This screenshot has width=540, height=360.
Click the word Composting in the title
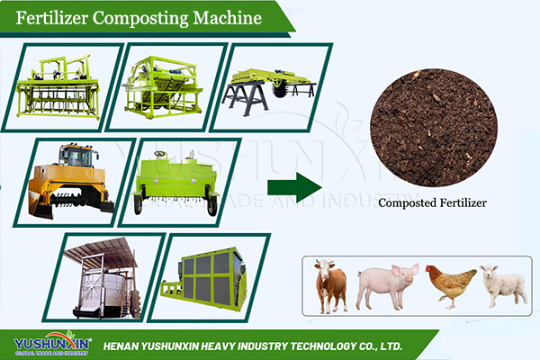pyautogui.click(x=140, y=19)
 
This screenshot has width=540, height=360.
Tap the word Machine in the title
pyautogui.click(x=228, y=18)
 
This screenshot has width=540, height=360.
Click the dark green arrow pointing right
pyautogui.click(x=295, y=187)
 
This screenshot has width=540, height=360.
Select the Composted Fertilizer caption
pyautogui.click(x=432, y=202)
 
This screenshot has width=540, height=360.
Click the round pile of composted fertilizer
pyautogui.click(x=434, y=128)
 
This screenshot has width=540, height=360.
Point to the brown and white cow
pyautogui.click(x=330, y=286)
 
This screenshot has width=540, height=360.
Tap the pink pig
pyautogui.click(x=387, y=285)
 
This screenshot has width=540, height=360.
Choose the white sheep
pyautogui.click(x=504, y=286)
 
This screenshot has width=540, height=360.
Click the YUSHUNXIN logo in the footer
pyautogui.click(x=52, y=343)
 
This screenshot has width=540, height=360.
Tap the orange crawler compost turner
pyautogui.click(x=70, y=181)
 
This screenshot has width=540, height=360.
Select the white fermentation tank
pyautogui.click(x=103, y=290)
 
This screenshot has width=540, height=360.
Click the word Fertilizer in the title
pyautogui.click(x=51, y=18)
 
